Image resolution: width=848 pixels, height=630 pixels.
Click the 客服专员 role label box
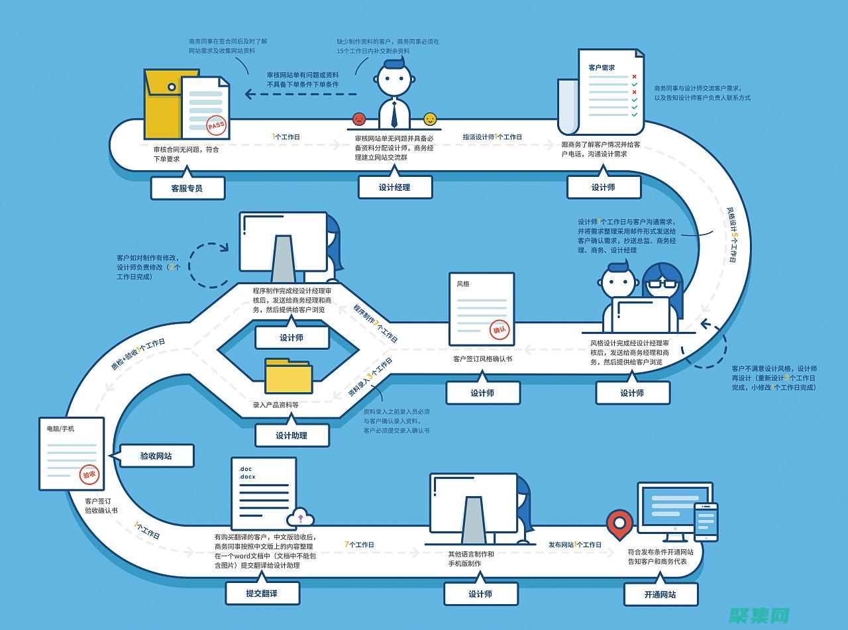(187, 188)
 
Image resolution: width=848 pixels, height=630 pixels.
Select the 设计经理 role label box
(395, 187)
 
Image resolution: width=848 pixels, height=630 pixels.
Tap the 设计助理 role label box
(291, 435)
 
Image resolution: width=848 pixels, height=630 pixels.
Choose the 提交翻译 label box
(262, 594)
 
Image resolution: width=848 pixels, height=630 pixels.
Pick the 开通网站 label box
(661, 594)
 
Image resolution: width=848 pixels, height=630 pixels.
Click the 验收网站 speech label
(156, 456)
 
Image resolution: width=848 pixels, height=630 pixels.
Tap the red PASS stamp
(216, 125)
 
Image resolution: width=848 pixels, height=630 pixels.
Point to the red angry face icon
(359, 119)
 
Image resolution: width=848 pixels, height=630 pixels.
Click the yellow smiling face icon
(431, 119)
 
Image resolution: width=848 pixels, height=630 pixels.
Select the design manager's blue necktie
(394, 113)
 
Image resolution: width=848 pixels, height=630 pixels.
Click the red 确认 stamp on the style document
(499, 329)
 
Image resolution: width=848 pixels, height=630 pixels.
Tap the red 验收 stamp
(89, 474)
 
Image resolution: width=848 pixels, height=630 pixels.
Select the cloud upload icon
(300, 517)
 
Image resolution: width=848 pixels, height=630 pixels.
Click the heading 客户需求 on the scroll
(602, 68)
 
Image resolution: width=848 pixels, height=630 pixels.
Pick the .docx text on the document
(247, 477)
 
